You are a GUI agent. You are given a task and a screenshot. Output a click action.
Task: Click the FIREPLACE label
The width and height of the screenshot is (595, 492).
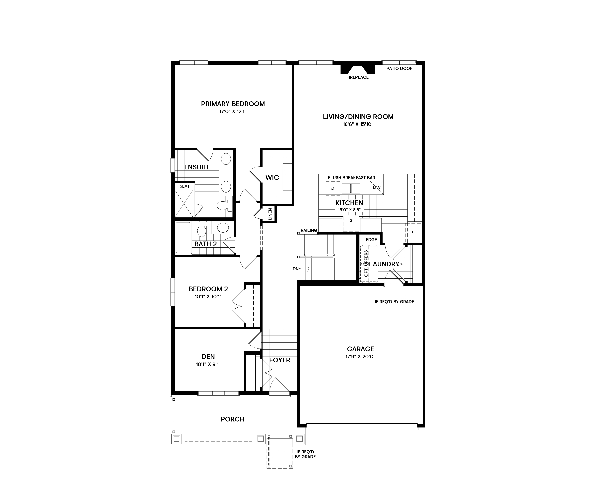(357, 77)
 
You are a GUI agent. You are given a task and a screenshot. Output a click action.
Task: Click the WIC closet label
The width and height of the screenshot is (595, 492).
(272, 178)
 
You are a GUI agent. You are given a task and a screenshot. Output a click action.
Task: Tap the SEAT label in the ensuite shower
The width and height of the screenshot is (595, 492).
(184, 186)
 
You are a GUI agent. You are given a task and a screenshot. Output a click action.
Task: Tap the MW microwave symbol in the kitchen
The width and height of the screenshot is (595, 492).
(377, 188)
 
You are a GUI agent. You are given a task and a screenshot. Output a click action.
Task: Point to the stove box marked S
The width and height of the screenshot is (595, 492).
(351, 220)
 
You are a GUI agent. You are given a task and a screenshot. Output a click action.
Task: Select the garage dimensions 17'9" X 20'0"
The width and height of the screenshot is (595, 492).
(360, 357)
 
